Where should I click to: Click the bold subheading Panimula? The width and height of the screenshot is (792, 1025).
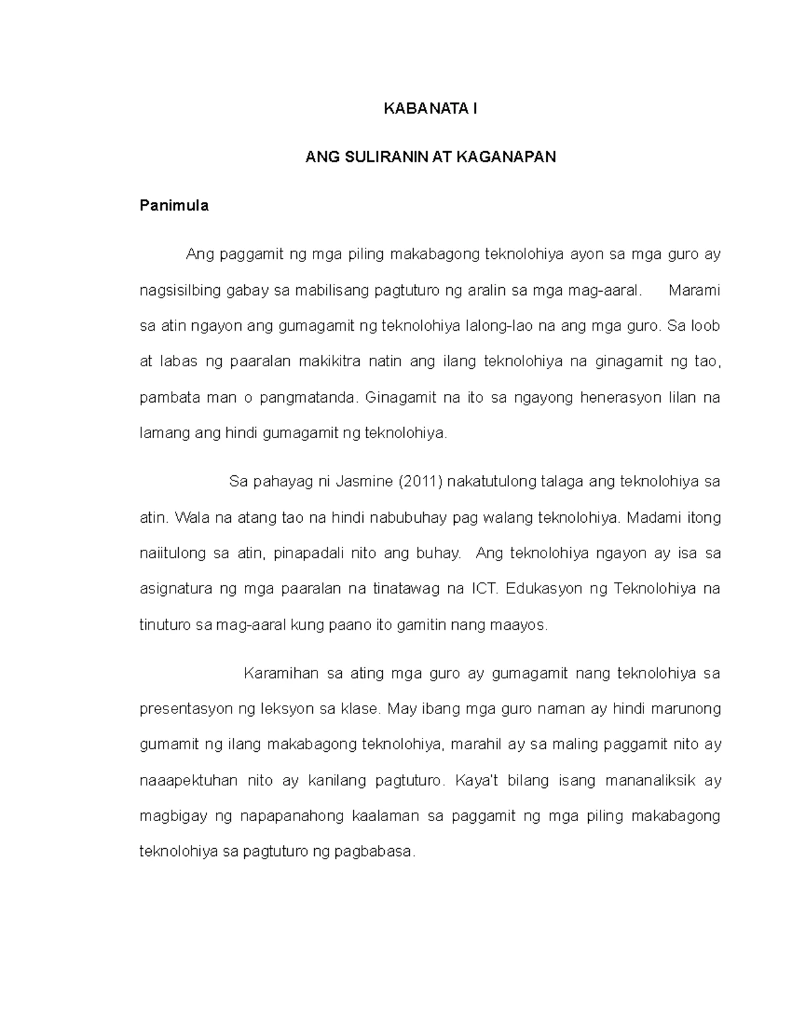(x=174, y=205)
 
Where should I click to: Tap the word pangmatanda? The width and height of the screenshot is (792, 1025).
(x=311, y=398)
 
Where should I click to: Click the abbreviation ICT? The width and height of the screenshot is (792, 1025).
(x=484, y=589)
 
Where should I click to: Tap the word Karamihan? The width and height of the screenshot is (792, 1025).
(x=281, y=674)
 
